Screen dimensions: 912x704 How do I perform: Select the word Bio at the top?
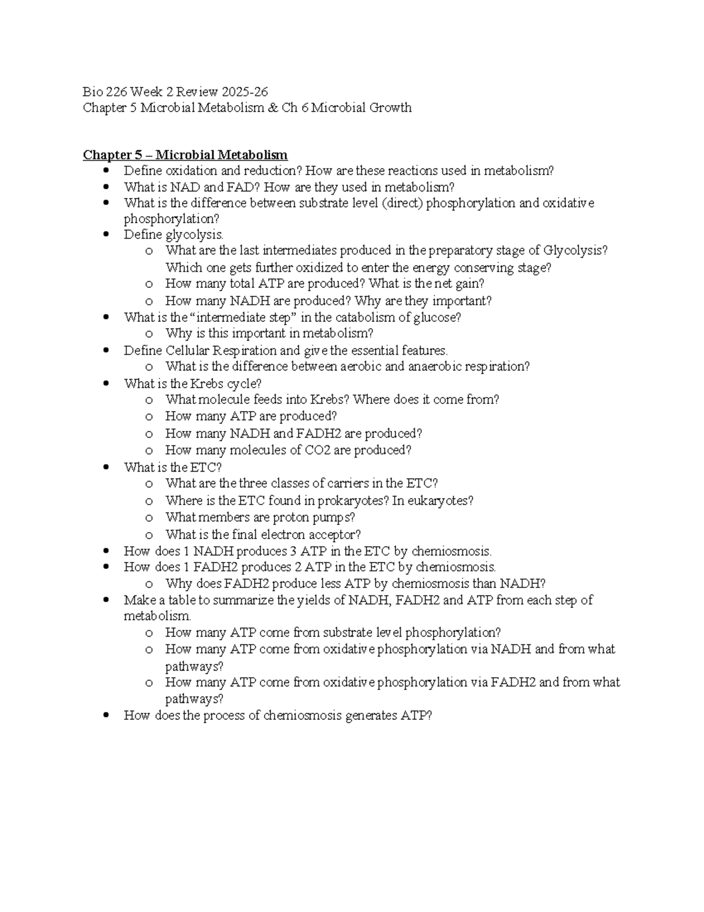[92, 92]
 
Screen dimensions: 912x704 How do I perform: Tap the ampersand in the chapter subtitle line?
[272, 108]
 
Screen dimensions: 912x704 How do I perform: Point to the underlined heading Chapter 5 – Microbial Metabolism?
[185, 155]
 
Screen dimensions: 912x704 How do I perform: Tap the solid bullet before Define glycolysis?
[106, 234]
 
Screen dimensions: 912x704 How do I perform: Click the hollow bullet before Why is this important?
[149, 334]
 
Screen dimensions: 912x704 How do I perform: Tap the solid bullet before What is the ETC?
[106, 467]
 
